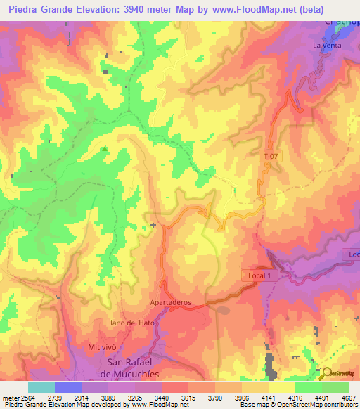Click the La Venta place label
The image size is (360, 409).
[x=326, y=46]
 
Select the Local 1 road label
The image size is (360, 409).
[x=259, y=276]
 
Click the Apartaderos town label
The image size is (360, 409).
[x=171, y=301]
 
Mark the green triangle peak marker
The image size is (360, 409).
[x=105, y=148]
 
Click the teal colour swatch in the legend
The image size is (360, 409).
[x=41, y=387]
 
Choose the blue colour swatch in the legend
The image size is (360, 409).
[x=68, y=387]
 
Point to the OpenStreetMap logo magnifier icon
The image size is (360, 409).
[x=325, y=372]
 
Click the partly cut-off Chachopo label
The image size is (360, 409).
[x=342, y=22]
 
